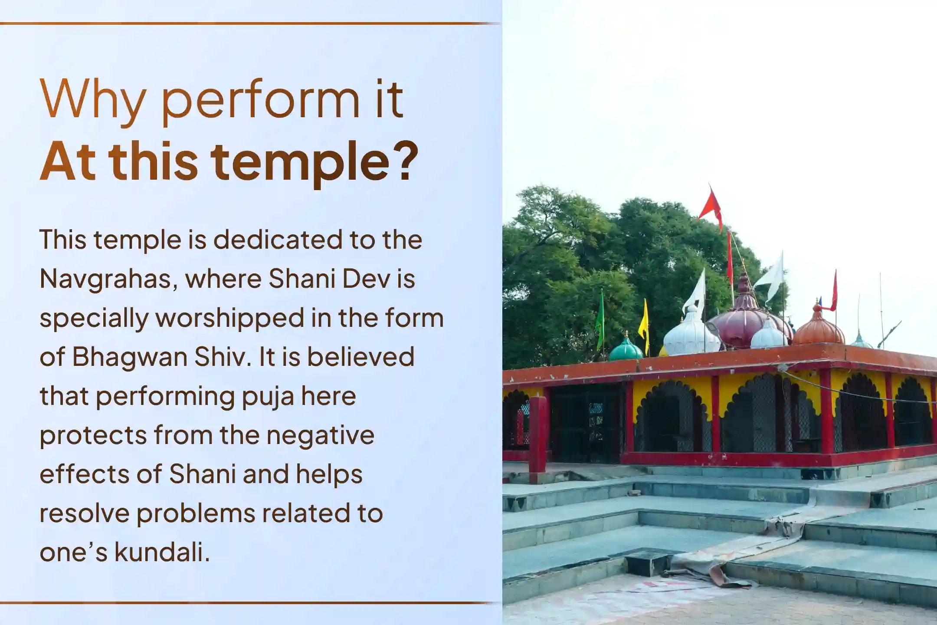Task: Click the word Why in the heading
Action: coord(92,100)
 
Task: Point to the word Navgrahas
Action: coord(108,279)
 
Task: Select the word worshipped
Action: coord(230,318)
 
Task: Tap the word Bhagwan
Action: coord(129,357)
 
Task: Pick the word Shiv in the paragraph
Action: coord(222,357)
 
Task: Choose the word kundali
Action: coord(162,553)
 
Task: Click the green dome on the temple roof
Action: coord(625,350)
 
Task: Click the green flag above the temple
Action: coord(600,319)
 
